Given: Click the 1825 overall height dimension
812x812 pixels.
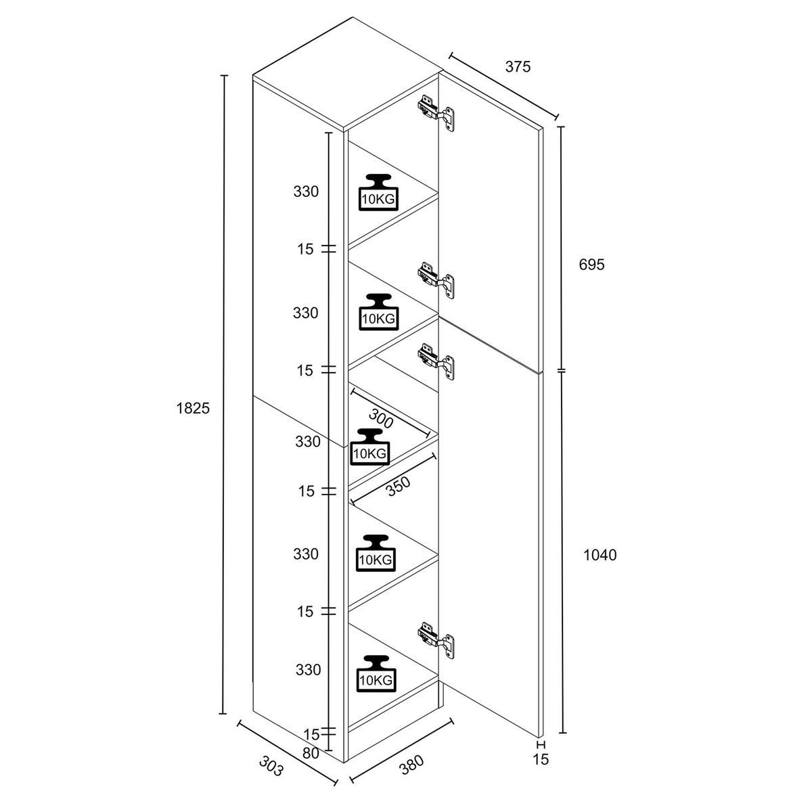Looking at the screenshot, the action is coord(193,408).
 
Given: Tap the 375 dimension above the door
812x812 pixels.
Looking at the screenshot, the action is coord(518,66).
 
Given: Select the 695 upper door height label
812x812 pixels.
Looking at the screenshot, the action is coord(591,265).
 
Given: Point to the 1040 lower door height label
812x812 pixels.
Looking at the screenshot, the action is coord(600,556).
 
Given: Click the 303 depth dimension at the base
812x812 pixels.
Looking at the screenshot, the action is coord(271,766).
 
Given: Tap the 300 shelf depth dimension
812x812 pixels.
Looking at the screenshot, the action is coord(381,419).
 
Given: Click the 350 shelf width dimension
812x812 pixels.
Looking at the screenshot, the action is coord(398,487).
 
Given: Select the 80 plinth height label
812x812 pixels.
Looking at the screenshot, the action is coord(311,752).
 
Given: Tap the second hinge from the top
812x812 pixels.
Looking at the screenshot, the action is coord(436,280).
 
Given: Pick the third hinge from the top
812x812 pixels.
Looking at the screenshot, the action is coord(436,361).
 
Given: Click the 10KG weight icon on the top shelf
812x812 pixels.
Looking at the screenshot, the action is coord(378,192).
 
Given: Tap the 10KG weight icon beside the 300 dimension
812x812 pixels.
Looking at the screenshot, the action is coord(369,447).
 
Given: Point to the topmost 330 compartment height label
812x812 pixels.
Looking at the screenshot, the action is coord(306,191).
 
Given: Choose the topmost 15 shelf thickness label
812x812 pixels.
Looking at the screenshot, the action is coord(305,249).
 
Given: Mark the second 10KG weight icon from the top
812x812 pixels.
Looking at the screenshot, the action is coord(378,312).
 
